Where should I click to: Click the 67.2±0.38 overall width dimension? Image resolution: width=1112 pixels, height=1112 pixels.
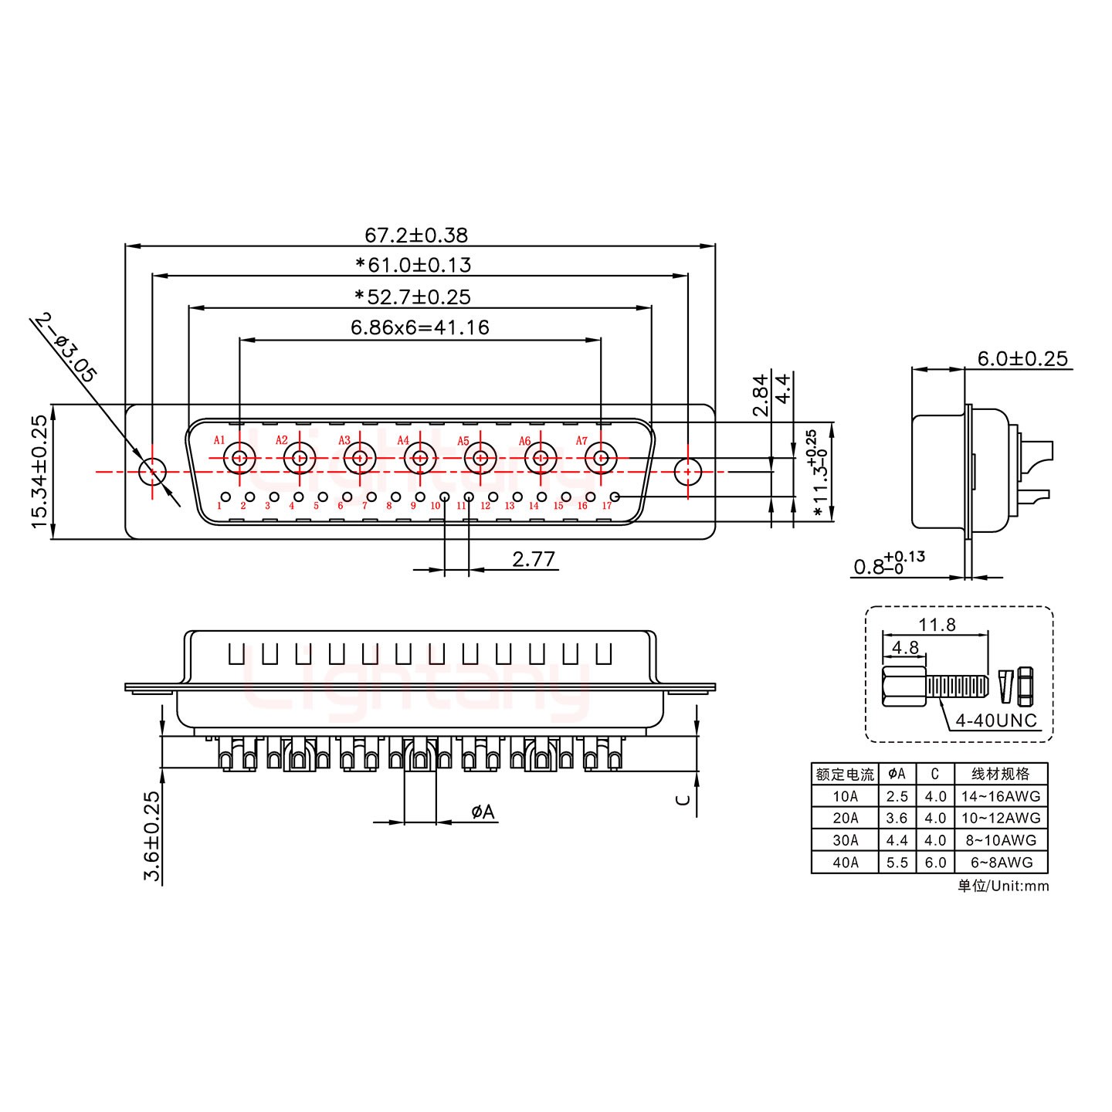415,235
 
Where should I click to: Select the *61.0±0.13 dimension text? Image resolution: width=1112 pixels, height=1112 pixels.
413,266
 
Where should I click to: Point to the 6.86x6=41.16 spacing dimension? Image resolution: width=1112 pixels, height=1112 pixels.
419,327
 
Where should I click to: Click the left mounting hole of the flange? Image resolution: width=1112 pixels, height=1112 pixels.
152,471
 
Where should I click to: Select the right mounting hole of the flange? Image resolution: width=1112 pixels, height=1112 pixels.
687,471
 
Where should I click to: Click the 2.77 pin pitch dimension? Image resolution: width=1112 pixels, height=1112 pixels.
534,558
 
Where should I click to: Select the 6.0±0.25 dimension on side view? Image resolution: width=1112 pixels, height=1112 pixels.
1022,358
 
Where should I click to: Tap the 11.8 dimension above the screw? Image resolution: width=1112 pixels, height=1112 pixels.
937,624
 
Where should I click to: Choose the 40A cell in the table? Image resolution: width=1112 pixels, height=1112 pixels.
845,863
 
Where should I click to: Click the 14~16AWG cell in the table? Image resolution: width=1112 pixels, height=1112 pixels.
1001,796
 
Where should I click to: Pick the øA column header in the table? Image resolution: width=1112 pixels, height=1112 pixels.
897,774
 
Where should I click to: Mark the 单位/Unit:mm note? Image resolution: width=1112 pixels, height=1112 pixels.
1003,886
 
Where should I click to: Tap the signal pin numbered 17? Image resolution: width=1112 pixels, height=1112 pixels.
615,497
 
